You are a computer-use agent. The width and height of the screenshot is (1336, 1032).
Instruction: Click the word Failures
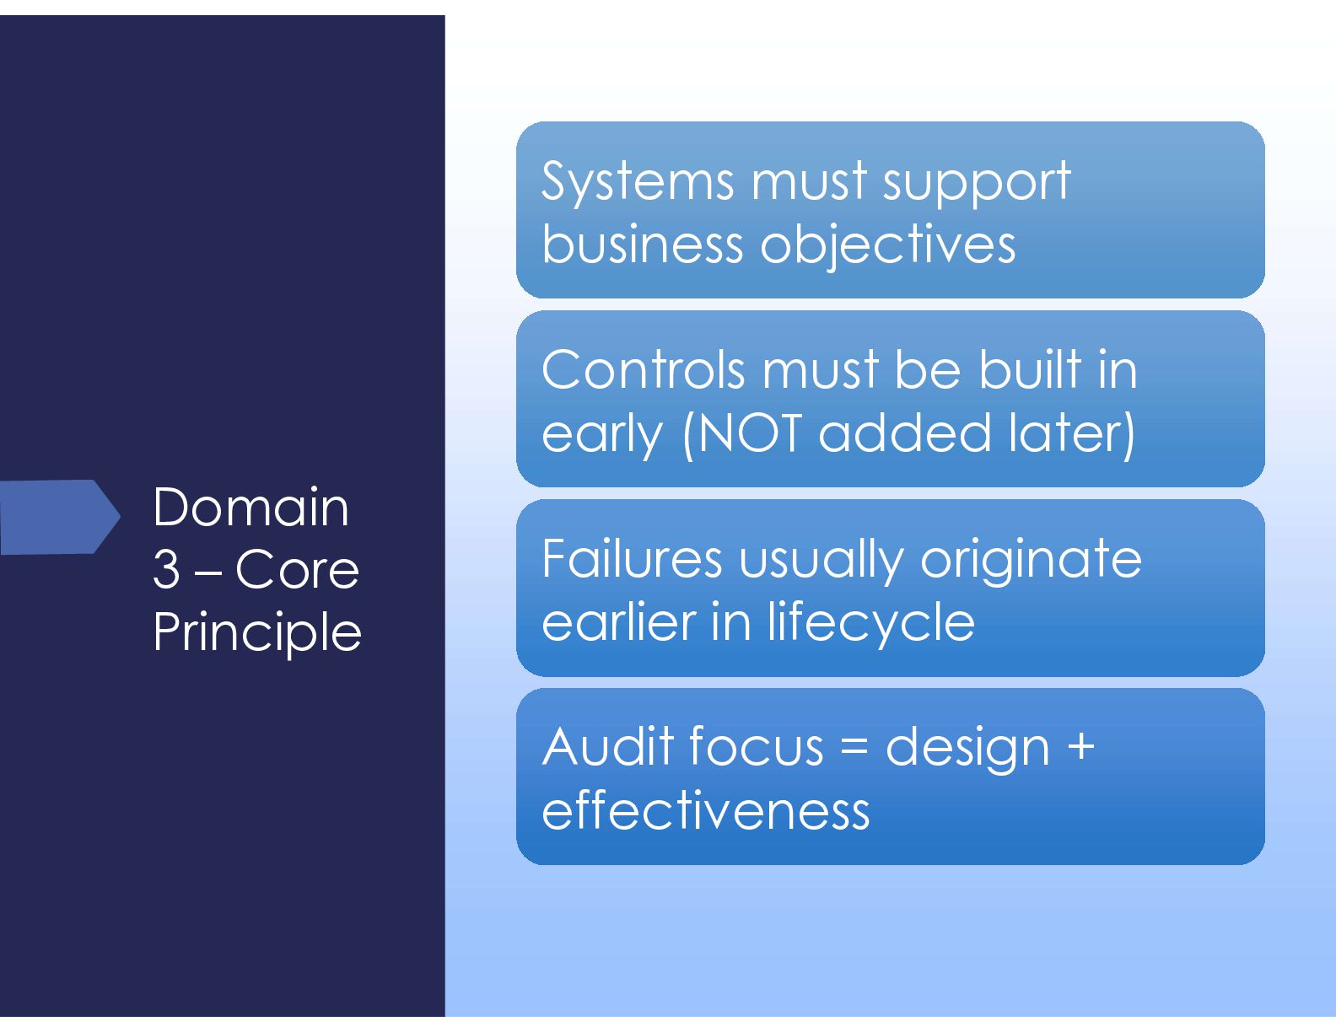632,558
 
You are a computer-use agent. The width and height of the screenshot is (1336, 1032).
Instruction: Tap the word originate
1031,559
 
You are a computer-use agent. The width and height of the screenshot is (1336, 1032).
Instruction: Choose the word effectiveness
706,810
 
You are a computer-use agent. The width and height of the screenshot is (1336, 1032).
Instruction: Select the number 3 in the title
166,569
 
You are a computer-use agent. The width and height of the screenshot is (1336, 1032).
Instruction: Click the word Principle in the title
257,633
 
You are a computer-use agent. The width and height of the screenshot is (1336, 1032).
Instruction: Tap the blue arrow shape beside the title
60,516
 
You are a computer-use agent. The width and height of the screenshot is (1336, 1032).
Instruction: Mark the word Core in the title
297,570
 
